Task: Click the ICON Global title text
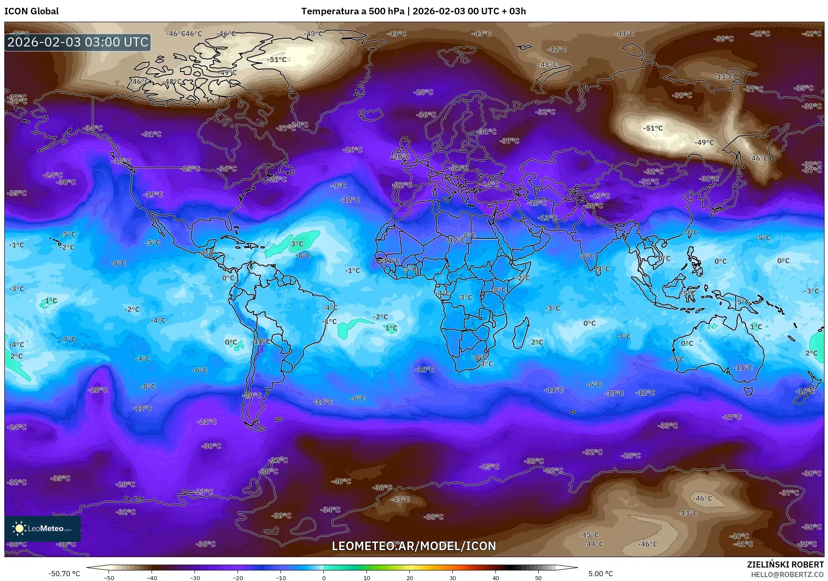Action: coord(31,11)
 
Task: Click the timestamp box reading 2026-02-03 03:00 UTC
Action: coord(78,42)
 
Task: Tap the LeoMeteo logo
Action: coord(43,528)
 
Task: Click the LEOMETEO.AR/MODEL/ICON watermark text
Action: coord(413,546)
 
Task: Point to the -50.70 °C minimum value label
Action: coord(64,574)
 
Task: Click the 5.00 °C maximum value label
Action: coord(600,574)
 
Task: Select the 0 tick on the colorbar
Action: coord(323,578)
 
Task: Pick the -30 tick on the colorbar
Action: coord(195,578)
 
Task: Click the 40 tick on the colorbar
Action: coord(495,578)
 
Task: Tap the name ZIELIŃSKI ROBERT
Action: coord(785,564)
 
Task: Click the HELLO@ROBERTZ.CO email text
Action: coord(787,574)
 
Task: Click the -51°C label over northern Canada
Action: coord(277,59)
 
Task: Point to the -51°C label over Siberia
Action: coord(653,128)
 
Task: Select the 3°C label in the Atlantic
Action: coord(297,244)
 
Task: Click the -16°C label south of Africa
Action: coord(424,370)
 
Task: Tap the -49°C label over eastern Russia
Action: coord(704,142)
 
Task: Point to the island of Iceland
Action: coord(370,115)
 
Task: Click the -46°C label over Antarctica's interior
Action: coord(702,498)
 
